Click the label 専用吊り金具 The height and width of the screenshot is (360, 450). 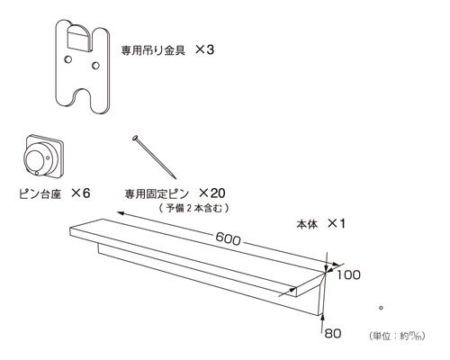(153, 49)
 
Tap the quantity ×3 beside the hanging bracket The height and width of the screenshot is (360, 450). (204, 49)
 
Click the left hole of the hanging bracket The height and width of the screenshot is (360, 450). (68, 59)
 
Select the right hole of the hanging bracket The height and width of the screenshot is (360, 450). (95, 65)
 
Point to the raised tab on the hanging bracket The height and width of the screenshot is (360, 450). (79, 38)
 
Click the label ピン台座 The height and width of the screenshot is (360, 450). (40, 193)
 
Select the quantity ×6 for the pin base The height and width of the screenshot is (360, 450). (80, 193)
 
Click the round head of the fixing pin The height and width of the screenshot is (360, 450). (135, 139)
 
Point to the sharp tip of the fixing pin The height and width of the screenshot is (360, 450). (175, 179)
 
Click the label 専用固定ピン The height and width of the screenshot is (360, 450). (157, 193)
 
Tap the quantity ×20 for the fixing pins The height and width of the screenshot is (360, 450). (211, 193)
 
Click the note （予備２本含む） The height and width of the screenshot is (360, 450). (193, 208)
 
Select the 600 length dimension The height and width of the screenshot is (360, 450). (228, 239)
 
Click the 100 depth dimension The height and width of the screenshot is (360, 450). (348, 275)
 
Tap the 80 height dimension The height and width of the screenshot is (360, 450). (333, 333)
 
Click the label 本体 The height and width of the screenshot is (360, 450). (307, 224)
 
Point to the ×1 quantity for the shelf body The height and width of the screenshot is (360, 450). (336, 223)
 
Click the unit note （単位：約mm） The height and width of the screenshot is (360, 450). (397, 336)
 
